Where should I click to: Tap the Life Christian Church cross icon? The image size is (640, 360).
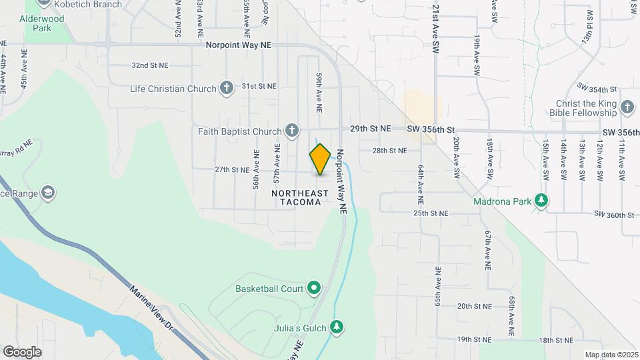(x=227, y=88)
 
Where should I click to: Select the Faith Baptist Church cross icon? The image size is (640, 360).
(x=291, y=131)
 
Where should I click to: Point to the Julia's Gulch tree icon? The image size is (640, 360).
(x=337, y=327)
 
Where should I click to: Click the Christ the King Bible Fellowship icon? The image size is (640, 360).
(x=627, y=107)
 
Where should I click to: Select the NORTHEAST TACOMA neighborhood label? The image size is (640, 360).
(x=300, y=197)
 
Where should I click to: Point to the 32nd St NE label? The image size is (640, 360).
(x=150, y=66)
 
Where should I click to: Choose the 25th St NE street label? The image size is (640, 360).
(x=430, y=213)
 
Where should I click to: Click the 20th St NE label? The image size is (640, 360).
(x=474, y=306)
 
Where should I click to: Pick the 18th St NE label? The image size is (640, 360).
(x=556, y=340)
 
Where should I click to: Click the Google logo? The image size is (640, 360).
(x=22, y=351)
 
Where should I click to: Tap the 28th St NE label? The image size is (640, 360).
(x=389, y=151)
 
